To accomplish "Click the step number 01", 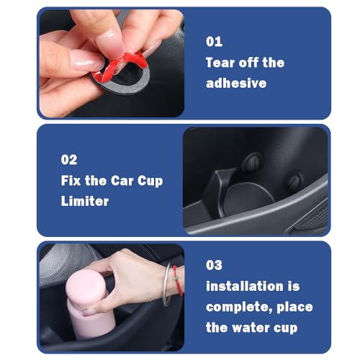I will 214,42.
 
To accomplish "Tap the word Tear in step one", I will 222,62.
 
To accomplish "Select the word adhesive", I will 236,83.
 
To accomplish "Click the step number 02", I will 68,160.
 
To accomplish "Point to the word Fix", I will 72,180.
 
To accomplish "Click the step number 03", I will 215,265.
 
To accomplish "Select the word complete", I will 235,307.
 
